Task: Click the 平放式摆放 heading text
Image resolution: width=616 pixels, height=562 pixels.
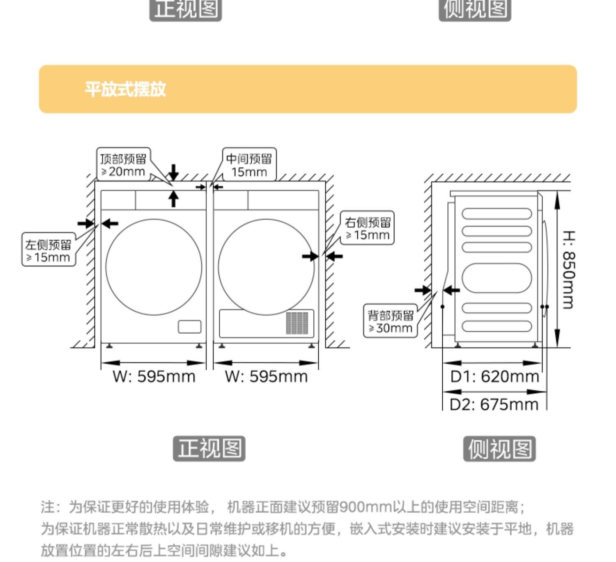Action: tap(125, 89)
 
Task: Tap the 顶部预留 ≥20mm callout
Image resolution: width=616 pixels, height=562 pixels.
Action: tap(123, 165)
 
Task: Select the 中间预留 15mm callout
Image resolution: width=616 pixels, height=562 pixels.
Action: tap(249, 165)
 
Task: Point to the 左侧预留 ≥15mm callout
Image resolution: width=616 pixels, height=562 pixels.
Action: tap(48, 250)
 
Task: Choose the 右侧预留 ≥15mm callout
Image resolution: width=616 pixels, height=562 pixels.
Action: tap(367, 228)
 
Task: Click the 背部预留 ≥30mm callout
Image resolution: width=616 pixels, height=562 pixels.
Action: tap(390, 321)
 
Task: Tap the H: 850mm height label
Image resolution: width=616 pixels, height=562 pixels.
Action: tap(568, 269)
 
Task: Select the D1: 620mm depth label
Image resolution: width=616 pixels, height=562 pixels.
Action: tap(494, 376)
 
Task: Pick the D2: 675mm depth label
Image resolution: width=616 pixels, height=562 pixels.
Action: tap(494, 404)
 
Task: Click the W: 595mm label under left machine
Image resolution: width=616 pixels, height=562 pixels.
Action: tap(154, 376)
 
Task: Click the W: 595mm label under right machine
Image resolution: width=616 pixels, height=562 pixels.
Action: tap(266, 376)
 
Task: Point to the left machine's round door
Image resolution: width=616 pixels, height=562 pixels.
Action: tap(154, 267)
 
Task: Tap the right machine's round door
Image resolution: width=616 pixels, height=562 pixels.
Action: tap(266, 267)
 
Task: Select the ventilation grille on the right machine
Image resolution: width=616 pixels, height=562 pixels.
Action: tap(297, 323)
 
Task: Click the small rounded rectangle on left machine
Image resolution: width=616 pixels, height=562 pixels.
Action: tap(189, 327)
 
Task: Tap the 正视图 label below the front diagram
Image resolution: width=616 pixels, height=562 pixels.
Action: tap(209, 448)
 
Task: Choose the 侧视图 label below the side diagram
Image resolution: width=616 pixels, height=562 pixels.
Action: tap(499, 449)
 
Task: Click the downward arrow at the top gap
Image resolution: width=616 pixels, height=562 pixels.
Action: tap(174, 172)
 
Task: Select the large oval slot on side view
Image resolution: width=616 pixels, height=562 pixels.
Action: tap(496, 278)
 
